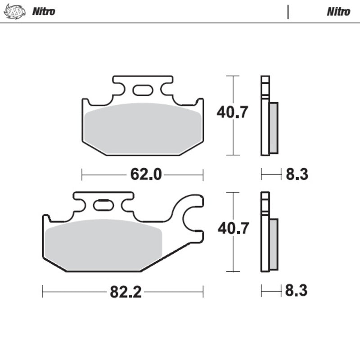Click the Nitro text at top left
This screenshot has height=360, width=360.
pyautogui.click(x=44, y=11)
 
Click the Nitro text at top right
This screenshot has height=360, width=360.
pyautogui.click(x=338, y=11)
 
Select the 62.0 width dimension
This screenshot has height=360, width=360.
pyautogui.click(x=146, y=174)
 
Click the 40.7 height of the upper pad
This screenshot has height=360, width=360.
pyautogui.click(x=232, y=112)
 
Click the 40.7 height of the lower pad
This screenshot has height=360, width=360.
pyautogui.click(x=233, y=228)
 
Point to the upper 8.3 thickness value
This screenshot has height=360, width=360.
pyautogui.click(x=297, y=174)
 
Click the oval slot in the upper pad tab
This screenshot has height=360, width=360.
pyautogui.click(x=143, y=90)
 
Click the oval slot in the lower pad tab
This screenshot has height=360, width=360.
pyautogui.click(x=103, y=206)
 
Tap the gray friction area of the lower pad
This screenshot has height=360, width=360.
pyautogui.click(x=103, y=243)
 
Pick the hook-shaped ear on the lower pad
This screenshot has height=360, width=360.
pyautogui.click(x=191, y=216)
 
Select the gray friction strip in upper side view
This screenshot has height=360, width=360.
pyautogui.click(x=274, y=127)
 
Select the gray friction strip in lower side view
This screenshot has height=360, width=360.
pyautogui.click(x=274, y=243)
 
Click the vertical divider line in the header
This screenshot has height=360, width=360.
pyautogui.click(x=288, y=12)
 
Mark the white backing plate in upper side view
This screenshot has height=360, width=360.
pyautogui.click(x=265, y=117)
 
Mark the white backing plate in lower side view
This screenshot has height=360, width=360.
pyautogui.click(x=265, y=234)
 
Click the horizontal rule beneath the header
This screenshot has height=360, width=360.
pyautogui.click(x=180, y=23)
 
